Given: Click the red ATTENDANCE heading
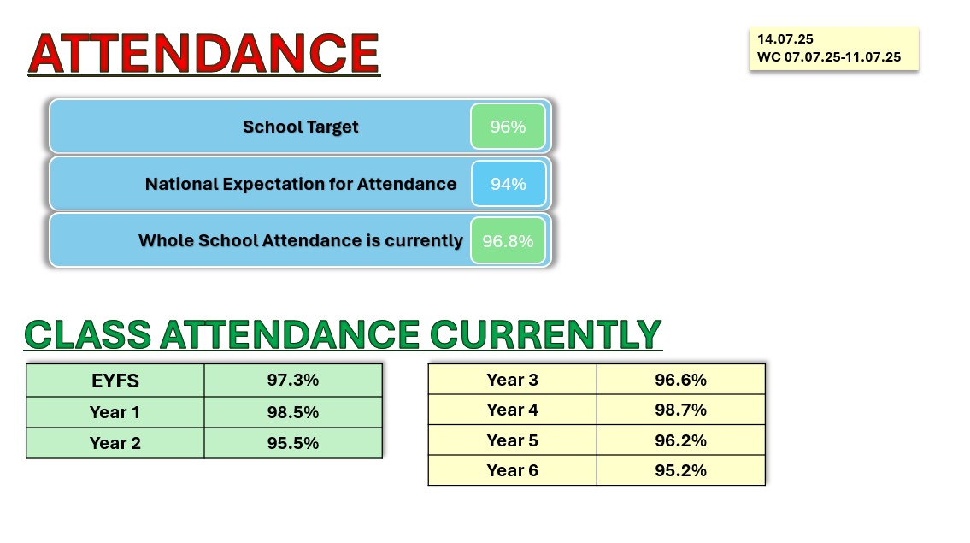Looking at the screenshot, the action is click(x=203, y=54).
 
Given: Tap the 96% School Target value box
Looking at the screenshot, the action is click(x=508, y=127).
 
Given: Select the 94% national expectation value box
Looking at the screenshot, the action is click(x=509, y=184).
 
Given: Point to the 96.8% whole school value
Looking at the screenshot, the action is click(x=508, y=241).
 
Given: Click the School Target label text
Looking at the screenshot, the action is click(x=301, y=127).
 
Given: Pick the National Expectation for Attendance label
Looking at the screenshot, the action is click(x=301, y=184).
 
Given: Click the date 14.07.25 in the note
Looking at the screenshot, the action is click(x=785, y=39).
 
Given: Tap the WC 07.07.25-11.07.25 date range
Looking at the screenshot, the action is click(x=829, y=57).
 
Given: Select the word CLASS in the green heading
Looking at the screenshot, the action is click(x=88, y=334).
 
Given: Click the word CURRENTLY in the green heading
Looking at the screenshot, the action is click(x=545, y=334).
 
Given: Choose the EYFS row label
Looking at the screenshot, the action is click(x=115, y=381).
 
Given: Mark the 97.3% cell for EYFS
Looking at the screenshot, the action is click(x=293, y=381).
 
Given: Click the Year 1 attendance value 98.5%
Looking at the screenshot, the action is click(x=293, y=412).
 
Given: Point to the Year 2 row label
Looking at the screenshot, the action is click(x=115, y=443).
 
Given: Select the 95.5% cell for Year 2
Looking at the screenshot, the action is click(x=293, y=443).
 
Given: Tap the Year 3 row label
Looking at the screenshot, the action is click(x=512, y=380).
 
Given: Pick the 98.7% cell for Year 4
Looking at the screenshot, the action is click(x=680, y=410).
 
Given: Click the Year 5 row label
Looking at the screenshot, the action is click(x=512, y=440).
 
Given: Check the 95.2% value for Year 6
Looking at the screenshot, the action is click(x=680, y=470).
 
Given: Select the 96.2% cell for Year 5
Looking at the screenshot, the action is click(x=680, y=440).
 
